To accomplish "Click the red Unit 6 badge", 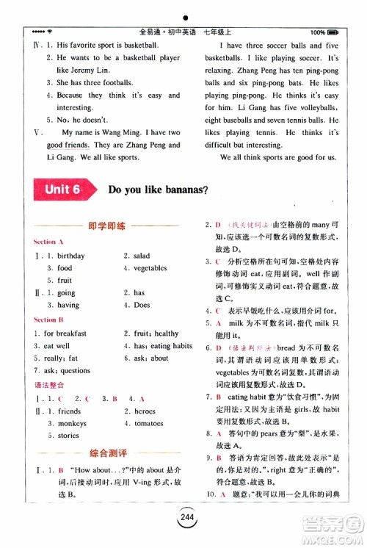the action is pyautogui.click(x=62, y=190).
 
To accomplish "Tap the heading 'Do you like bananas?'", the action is pyautogui.click(x=158, y=190).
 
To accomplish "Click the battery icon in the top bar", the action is pyautogui.click(x=334, y=32).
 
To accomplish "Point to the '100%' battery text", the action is pyautogui.click(x=318, y=32).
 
